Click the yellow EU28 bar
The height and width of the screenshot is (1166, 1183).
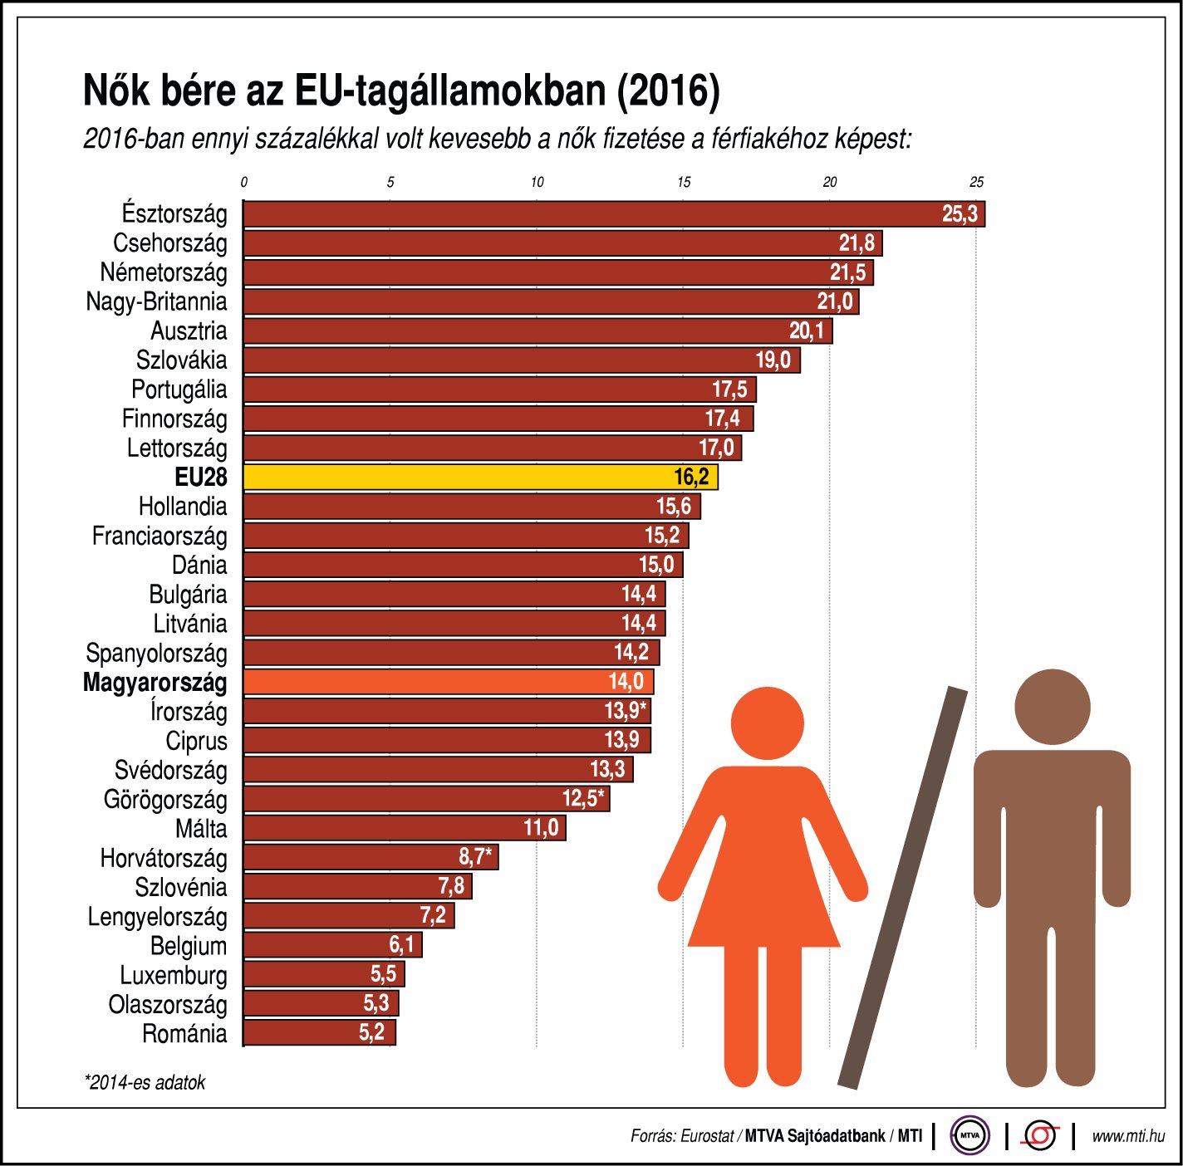pos(480,477)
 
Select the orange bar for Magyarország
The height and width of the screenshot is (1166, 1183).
pos(449,682)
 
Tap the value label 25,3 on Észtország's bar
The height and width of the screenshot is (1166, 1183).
pos(960,214)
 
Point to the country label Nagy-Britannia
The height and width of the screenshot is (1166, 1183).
pos(156,301)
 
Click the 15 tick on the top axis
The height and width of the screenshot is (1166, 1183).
pos(683,183)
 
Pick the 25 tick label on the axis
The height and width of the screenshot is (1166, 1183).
pos(976,183)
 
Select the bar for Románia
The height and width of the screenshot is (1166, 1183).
pos(319,1032)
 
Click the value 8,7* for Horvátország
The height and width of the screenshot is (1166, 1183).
pos(474,856)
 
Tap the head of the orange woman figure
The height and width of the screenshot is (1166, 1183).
pos(767,723)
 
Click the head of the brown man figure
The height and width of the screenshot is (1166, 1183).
pos(1052,707)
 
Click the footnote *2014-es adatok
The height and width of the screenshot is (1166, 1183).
pos(145,1082)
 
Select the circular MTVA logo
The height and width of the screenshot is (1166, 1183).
pos(969,1135)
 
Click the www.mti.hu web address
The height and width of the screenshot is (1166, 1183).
pos(1127,1136)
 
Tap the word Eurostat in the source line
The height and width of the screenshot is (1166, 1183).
pos(706,1136)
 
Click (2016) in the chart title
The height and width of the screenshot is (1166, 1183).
pos(668,91)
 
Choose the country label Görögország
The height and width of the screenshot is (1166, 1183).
pos(164,800)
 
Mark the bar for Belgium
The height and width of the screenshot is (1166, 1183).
pos(332,944)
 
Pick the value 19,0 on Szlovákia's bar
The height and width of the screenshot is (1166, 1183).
pos(773,360)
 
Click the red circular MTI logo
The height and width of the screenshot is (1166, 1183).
pos(1040,1135)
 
